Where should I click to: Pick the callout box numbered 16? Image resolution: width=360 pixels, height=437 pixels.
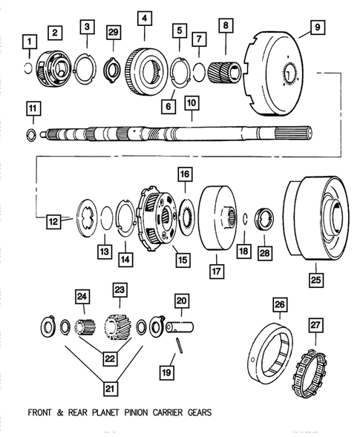pos(184,175)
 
